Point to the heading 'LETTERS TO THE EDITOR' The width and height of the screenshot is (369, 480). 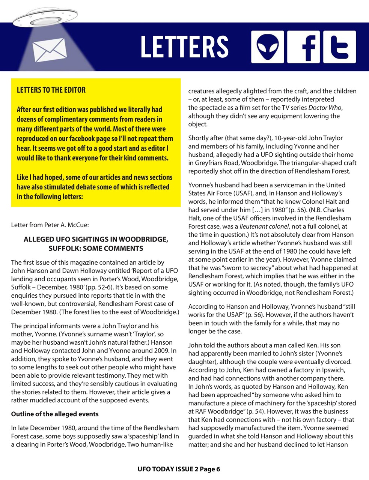pyautogui.click(x=51, y=90)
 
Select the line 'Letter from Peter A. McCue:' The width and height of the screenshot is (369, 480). pyautogui.click(x=50, y=225)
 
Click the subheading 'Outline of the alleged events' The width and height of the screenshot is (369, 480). pyautogui.click(x=55, y=414)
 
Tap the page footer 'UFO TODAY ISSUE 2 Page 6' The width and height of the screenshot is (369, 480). pyautogui.click(x=178, y=469)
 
